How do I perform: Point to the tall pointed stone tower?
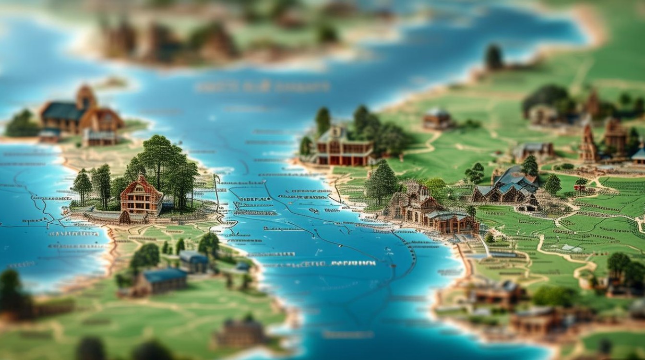point(588,143)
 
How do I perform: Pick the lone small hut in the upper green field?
point(437,119)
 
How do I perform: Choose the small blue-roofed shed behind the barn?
point(194,261)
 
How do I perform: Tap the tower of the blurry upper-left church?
point(86,98)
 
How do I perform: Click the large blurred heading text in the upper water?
point(263,87)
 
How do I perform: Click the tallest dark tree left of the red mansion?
point(322,121)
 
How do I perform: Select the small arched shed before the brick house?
point(125,217)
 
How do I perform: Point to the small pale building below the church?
point(99,138)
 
